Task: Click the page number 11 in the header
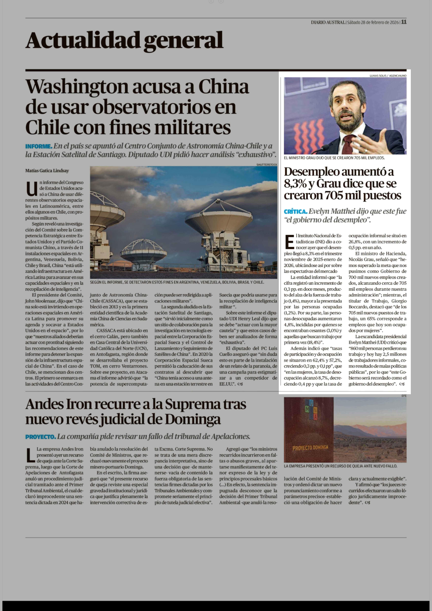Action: pos(404,22)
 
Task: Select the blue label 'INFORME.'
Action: pos(39,146)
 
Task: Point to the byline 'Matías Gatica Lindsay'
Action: pos(47,171)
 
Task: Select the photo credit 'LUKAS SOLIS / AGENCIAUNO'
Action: pos(388,76)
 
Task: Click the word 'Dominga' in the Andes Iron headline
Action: pos(193,420)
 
